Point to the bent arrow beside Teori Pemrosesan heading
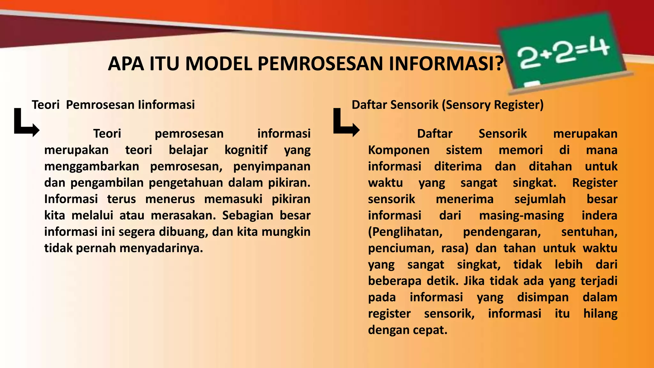pos(26,123)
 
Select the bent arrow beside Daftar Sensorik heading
pos(346,123)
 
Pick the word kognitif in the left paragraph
pos(246,150)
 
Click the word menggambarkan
pos(92,166)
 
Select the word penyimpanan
pos(272,166)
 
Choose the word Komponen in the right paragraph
pos(399,150)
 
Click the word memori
pos(521,150)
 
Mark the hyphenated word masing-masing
pos(521,215)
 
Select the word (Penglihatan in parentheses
pos(405,232)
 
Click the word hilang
pos(600,313)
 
